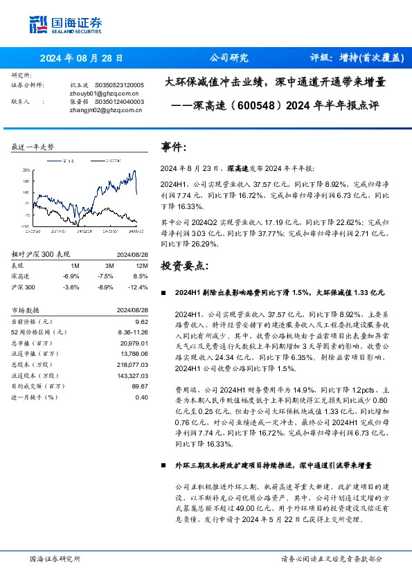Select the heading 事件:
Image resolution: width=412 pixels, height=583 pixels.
point(174,147)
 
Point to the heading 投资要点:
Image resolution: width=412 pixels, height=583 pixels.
point(183,266)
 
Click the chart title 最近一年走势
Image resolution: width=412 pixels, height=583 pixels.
point(33,147)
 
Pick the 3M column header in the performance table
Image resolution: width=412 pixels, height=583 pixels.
point(109,265)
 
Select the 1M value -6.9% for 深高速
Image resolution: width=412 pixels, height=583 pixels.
point(71,276)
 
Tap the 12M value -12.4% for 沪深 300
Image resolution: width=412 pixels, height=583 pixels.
point(138,287)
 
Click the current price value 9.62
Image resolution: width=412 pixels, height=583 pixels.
point(142,322)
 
